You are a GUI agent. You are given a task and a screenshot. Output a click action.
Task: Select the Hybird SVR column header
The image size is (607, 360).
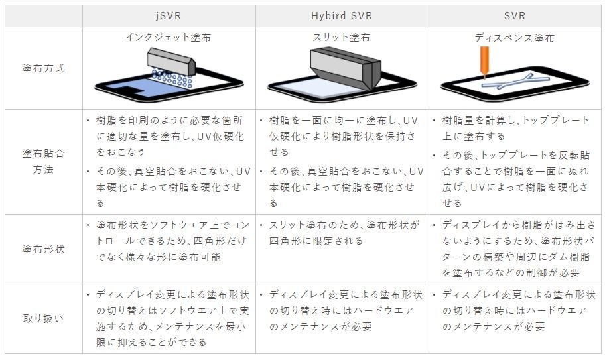tap(342, 16)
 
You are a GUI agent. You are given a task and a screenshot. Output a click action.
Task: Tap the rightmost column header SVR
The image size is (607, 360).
tap(515, 16)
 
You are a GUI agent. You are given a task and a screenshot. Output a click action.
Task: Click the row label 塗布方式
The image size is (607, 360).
tap(43, 68)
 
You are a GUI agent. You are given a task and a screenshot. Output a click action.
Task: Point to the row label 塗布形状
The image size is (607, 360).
tap(43, 249)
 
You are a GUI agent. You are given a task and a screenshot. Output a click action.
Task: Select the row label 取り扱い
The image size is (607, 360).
tap(43, 318)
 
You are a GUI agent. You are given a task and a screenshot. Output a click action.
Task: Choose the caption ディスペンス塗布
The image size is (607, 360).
tap(515, 38)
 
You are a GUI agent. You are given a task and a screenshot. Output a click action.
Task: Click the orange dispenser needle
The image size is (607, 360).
tap(482, 64)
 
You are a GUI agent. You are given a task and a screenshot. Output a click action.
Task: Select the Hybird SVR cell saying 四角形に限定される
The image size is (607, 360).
tap(342, 233)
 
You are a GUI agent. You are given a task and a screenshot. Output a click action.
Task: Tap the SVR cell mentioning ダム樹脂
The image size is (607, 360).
tap(515, 249)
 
